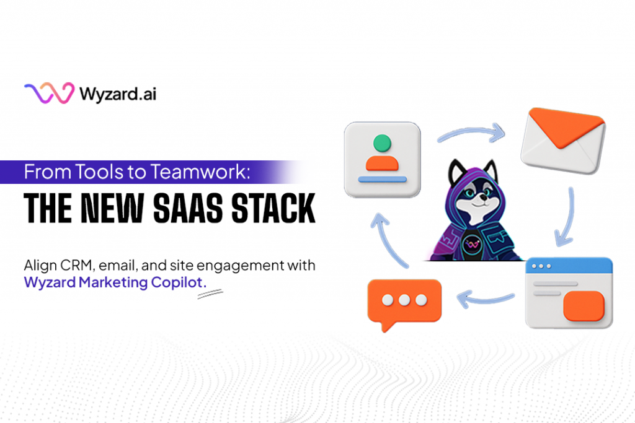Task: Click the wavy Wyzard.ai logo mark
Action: (49, 93)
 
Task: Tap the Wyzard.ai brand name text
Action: (118, 94)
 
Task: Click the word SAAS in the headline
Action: (187, 208)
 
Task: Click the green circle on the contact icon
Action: (382, 143)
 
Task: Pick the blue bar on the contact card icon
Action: (382, 179)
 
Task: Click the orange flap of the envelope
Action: (566, 126)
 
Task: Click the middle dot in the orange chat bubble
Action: (404, 300)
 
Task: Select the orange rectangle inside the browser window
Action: (584, 306)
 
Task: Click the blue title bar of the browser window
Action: (569, 266)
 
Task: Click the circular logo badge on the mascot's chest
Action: (472, 244)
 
